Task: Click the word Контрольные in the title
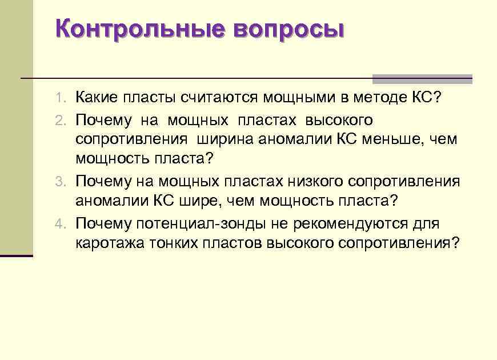(x=139, y=29)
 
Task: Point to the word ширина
(x=225, y=140)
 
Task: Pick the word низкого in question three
(x=312, y=181)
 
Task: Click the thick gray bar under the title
(x=422, y=79)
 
